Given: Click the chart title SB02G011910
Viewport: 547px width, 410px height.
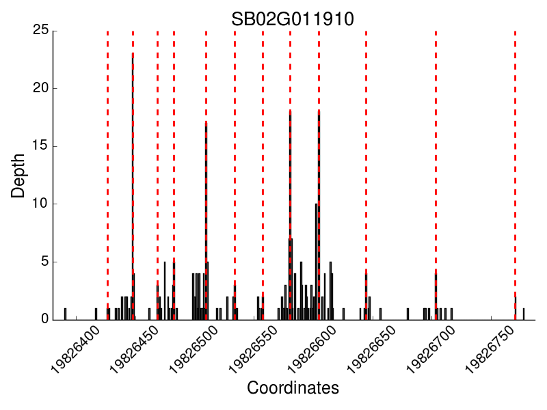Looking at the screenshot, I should point(293,18).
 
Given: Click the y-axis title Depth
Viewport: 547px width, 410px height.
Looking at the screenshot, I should point(18,176).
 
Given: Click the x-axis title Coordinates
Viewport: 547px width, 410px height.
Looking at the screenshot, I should point(293,388).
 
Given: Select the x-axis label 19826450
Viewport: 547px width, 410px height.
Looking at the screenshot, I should point(134,348).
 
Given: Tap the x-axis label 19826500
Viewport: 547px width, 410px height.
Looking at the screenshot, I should point(193,348).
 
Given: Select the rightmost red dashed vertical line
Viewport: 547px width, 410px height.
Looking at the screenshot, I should point(515,171).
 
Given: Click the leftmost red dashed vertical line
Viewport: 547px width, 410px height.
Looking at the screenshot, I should point(107,171).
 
